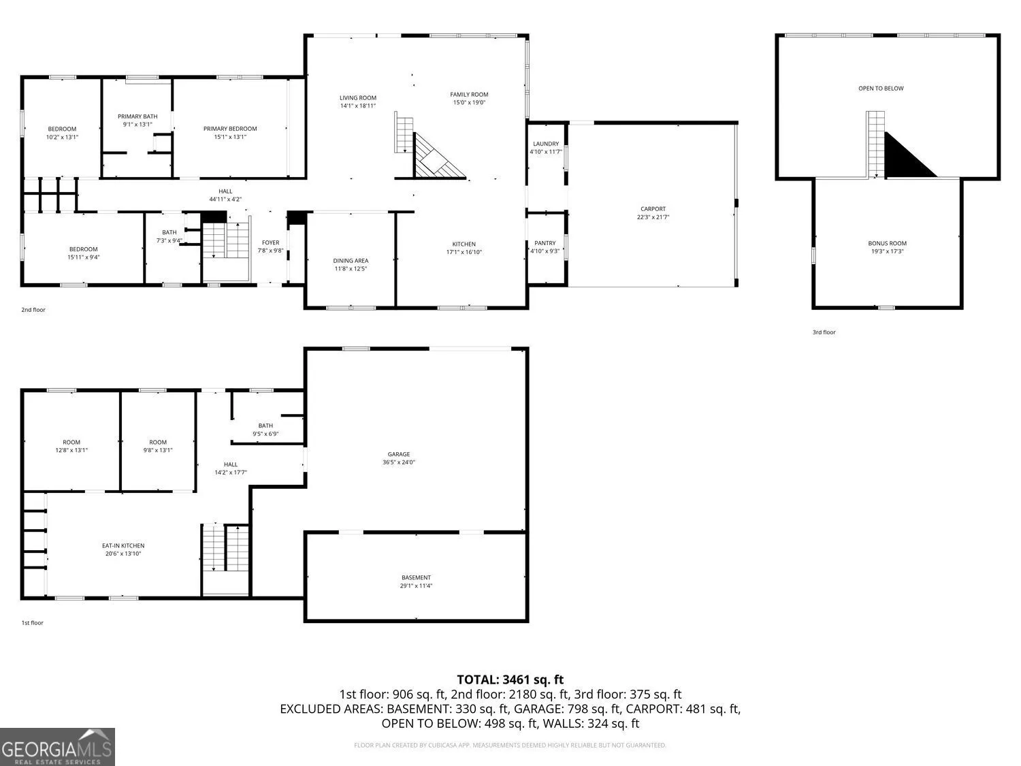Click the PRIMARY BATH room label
[137, 116]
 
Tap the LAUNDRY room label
[546, 144]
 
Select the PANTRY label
[545, 243]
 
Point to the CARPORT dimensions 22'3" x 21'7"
[653, 217]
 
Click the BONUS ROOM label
[887, 243]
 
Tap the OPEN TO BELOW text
[881, 89]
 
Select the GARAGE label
[399, 454]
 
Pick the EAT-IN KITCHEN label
[123, 545]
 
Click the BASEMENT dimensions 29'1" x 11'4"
[416, 586]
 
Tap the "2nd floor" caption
[33, 310]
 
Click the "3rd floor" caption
[824, 332]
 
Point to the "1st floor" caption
[32, 623]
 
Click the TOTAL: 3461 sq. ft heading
[510, 680]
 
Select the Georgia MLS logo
[57, 746]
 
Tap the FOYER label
[270, 242]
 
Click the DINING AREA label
[351, 261]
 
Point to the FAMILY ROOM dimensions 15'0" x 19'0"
[469, 102]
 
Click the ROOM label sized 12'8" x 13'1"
[71, 443]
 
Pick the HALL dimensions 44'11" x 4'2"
[225, 199]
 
